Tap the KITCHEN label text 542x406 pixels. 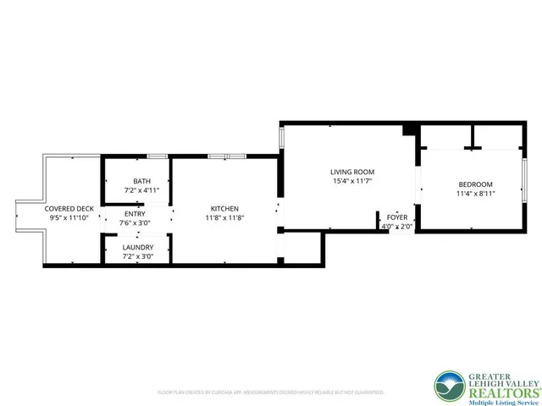pos(224,209)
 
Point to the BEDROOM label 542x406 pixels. pos(475,184)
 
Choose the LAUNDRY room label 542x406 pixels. pos(137,247)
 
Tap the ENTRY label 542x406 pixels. pos(135,214)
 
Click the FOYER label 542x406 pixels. pos(397,217)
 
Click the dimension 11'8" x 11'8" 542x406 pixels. pos(224,218)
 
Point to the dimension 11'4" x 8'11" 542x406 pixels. pos(475,194)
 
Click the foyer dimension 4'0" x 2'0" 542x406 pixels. pos(397,227)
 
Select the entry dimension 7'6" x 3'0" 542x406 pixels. pos(135,223)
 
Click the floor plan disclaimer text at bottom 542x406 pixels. pos(271,392)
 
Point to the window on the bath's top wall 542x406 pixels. pos(156,156)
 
